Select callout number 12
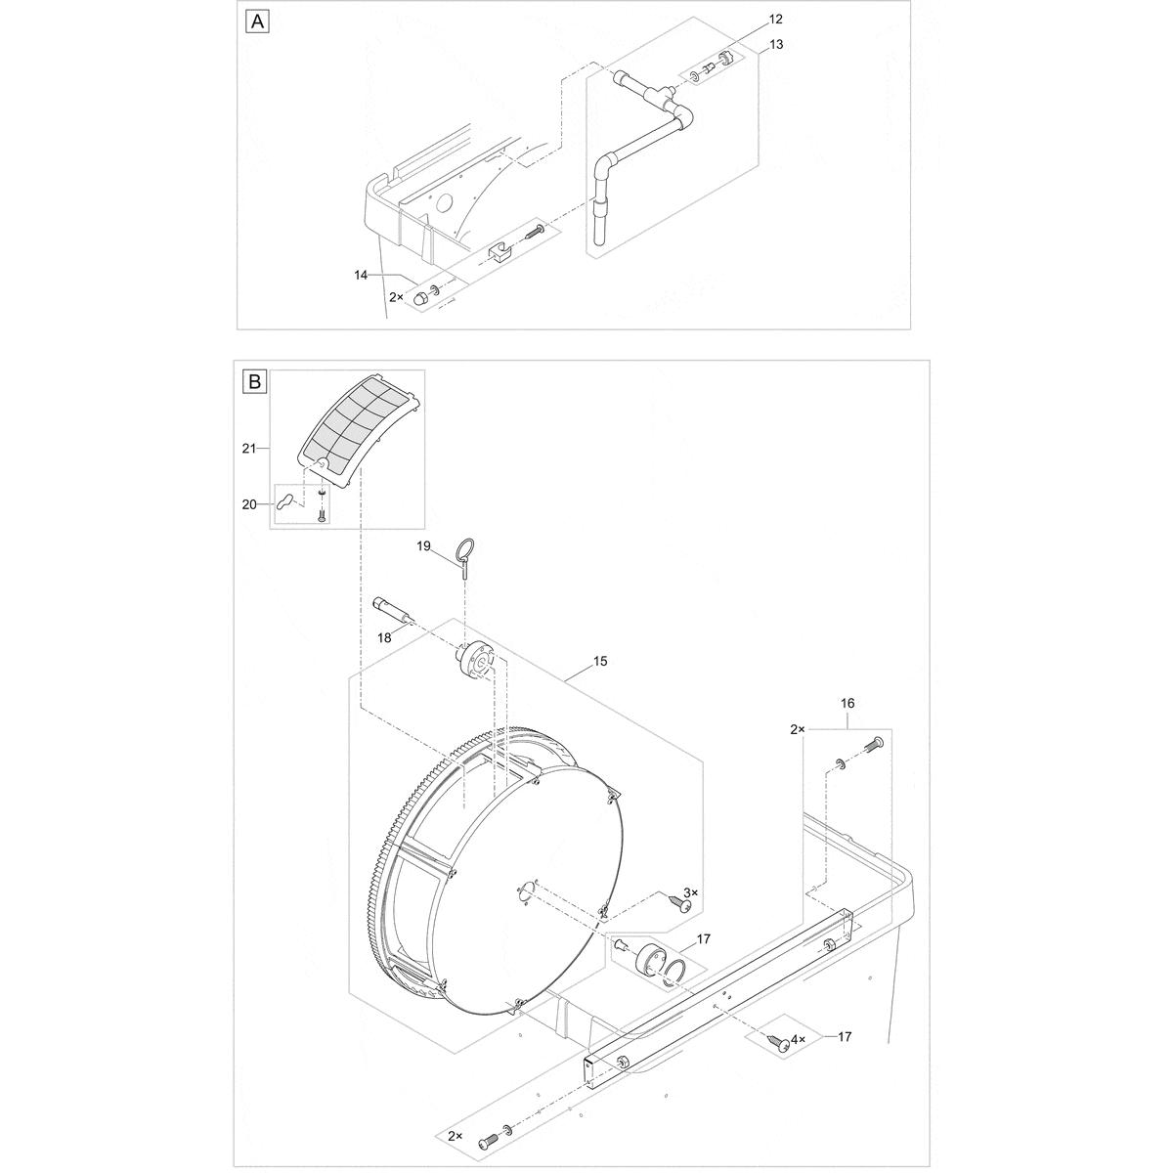tap(775, 20)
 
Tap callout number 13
tap(775, 44)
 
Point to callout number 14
tap(361, 277)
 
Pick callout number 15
tap(599, 662)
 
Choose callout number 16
tap(847, 703)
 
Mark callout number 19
tap(423, 548)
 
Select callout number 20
tap(248, 504)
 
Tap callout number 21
tap(248, 448)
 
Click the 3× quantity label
tap(691, 892)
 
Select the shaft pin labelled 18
tap(395, 611)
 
